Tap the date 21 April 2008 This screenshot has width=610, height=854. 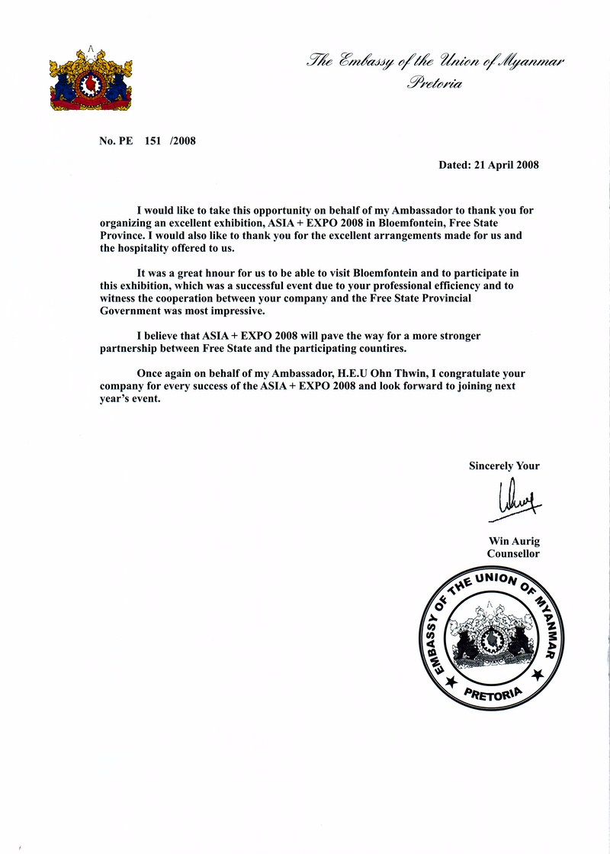point(504,165)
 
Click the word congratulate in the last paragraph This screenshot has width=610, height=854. point(467,373)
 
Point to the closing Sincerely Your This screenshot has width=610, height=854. point(504,466)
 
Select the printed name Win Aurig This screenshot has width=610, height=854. point(514,541)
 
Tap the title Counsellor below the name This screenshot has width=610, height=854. point(513,554)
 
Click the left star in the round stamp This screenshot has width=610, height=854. point(451,679)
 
